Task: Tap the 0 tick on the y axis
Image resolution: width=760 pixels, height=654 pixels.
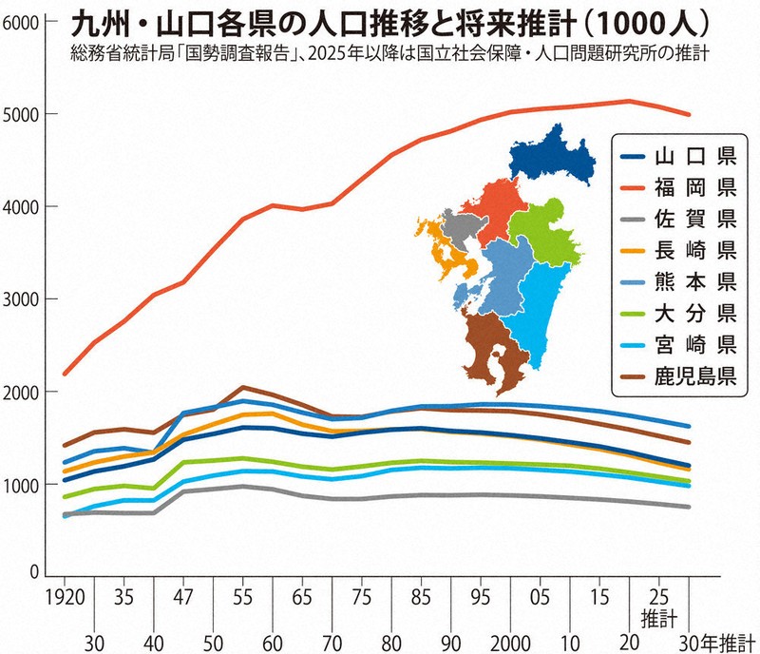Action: pos(33,573)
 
